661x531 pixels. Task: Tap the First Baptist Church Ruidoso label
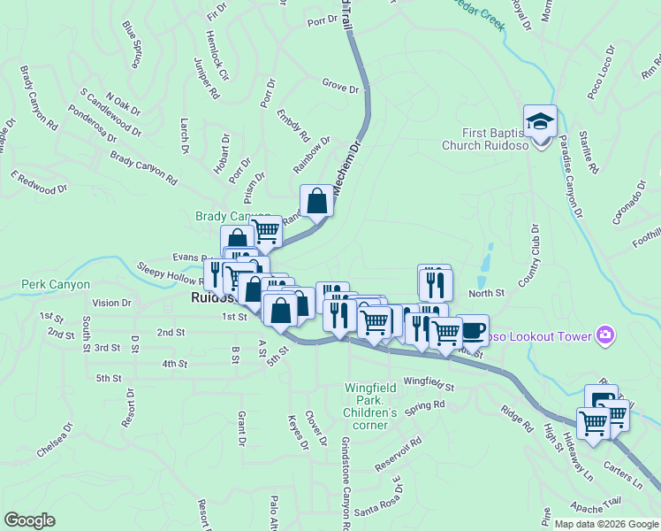pyautogui.click(x=485, y=139)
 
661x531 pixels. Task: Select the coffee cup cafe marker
pyautogui.click(x=472, y=330)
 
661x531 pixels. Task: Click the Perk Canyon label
pyautogui.click(x=57, y=285)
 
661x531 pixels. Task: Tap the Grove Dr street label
pyautogui.click(x=340, y=88)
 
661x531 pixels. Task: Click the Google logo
pyautogui.click(x=29, y=520)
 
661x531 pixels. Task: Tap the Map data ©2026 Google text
pyautogui.click(x=605, y=524)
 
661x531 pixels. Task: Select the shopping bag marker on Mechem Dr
pyautogui.click(x=317, y=202)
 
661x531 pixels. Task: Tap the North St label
pyautogui.click(x=486, y=293)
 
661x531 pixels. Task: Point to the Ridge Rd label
pyautogui.click(x=517, y=419)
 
